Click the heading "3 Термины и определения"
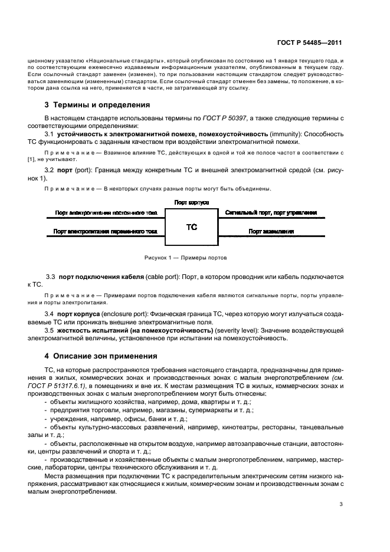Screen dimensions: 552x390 click(x=91, y=105)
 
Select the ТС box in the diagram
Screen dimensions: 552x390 click(x=192, y=226)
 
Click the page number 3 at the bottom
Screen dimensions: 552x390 click(x=342, y=504)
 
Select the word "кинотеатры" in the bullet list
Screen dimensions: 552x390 click(x=260, y=426)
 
